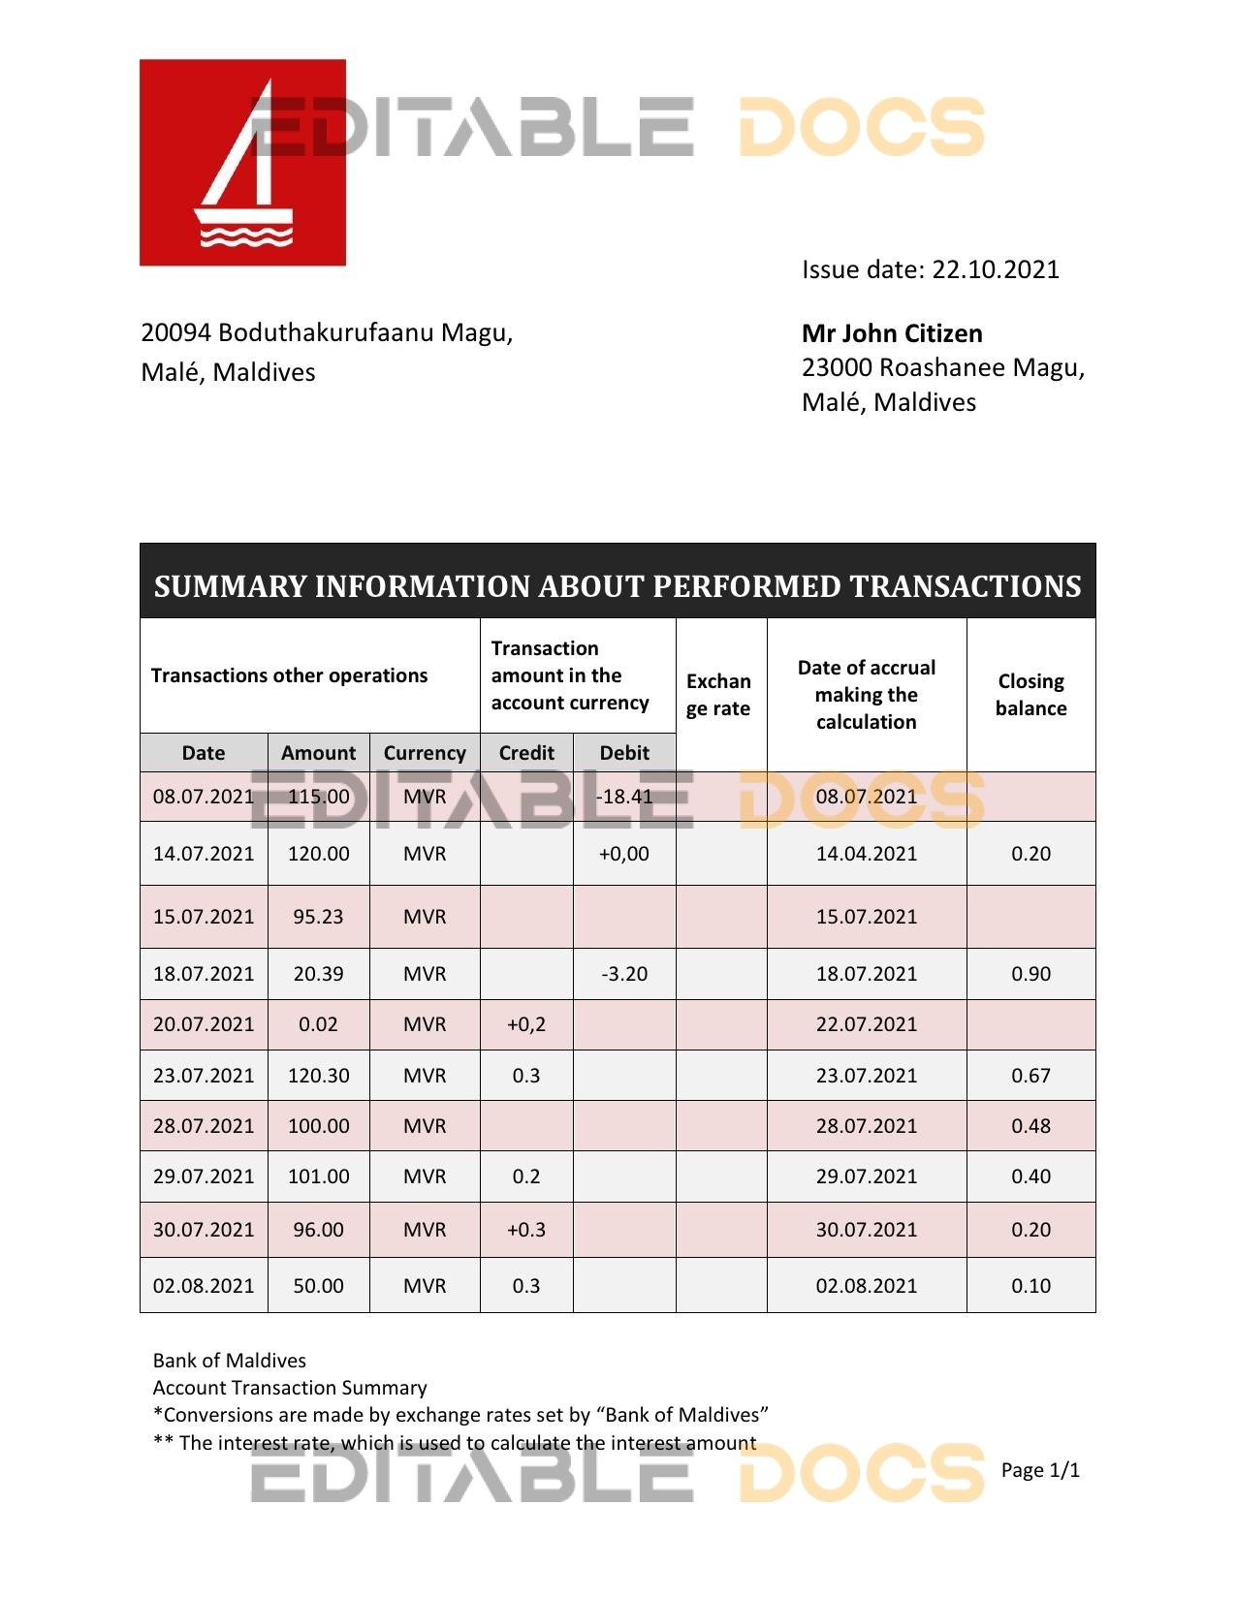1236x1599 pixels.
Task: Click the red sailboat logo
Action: pos(242,163)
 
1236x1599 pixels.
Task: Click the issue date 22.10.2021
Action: pos(996,269)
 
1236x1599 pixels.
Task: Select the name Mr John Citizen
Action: pos(892,333)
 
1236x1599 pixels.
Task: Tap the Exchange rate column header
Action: pos(718,695)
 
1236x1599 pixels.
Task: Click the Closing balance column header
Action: pos(1030,695)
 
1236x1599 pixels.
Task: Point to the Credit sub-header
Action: pos(526,753)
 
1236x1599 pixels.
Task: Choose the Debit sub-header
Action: pos(624,753)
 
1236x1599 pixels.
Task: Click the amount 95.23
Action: pos(318,917)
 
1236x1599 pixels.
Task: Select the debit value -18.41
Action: pos(624,797)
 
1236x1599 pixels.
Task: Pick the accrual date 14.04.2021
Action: pos(866,854)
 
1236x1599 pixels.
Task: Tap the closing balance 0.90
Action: pos(1030,974)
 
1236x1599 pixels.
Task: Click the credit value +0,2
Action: pos(526,1024)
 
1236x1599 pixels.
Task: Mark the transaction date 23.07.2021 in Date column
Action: pos(204,1076)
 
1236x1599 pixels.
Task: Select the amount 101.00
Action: pos(318,1176)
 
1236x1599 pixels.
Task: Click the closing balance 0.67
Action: pos(1030,1076)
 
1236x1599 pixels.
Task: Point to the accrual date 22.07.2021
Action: pos(866,1024)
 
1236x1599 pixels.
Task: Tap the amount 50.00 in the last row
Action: pos(318,1286)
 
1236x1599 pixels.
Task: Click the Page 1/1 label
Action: pos(1040,1470)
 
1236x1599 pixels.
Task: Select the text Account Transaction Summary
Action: pos(290,1388)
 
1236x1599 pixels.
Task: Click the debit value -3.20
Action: pos(624,974)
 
